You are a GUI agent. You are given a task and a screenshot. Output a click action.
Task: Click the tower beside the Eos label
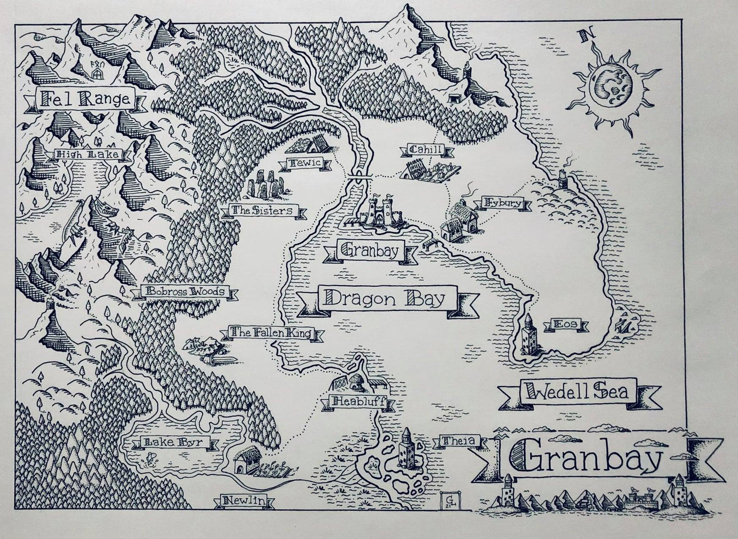[528, 335]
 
